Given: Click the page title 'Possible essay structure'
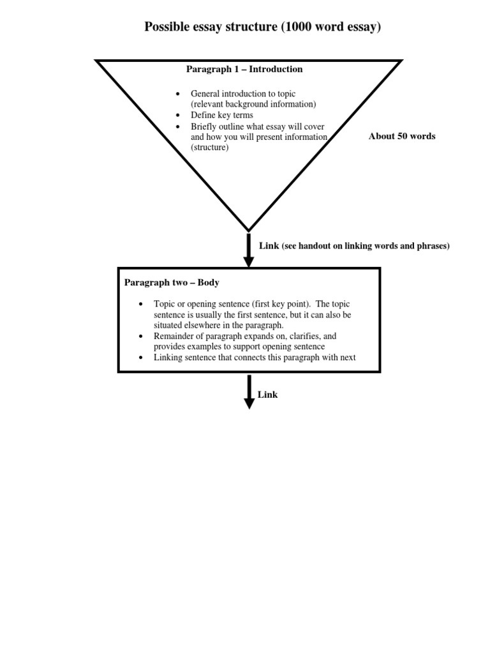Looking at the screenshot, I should point(211,27).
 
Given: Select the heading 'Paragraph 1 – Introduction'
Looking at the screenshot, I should point(244,69).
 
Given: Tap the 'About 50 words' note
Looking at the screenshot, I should point(402,136).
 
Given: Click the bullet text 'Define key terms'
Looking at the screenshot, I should point(221,115).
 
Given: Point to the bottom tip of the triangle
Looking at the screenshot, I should point(249,230).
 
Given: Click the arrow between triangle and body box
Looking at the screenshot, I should point(249,250).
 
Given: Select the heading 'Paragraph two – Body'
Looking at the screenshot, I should point(172,282).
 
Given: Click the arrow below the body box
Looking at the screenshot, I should point(249,392).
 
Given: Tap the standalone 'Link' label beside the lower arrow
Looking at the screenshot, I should point(268,395).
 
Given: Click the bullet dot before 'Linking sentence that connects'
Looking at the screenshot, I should point(141,358).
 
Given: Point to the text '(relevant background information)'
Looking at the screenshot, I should point(253,103).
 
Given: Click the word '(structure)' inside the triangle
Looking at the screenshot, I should point(210,147).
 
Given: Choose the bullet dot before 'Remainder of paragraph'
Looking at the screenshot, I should point(141,336).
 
